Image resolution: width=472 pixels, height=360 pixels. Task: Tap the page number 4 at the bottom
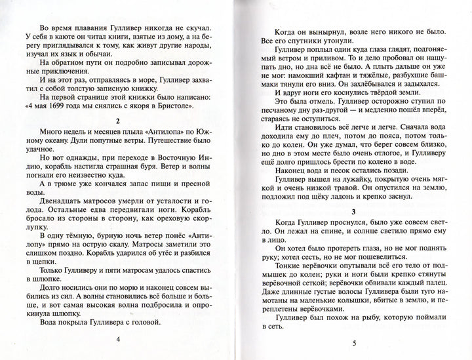click(118, 340)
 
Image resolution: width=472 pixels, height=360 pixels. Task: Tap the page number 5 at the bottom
click(353, 342)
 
